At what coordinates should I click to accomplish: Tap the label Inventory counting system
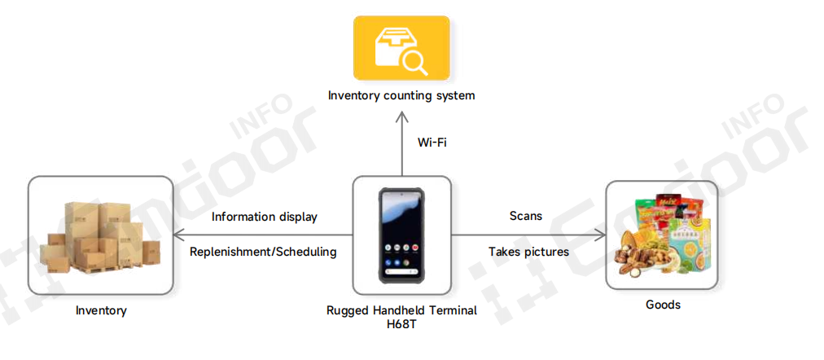coord(401,95)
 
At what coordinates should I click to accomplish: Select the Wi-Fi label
coord(432,143)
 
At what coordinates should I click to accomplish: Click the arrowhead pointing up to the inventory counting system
coord(401,116)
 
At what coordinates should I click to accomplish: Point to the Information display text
coord(264,217)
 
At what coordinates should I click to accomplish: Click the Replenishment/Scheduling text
coord(263,252)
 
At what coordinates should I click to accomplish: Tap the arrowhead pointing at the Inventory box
coord(182,235)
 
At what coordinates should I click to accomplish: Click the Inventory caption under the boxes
coord(101,310)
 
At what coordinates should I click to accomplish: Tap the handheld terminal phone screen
coord(401,234)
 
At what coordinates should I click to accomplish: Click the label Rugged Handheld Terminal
coord(401,310)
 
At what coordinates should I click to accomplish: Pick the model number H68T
coord(401,324)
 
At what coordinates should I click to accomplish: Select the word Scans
coord(525,216)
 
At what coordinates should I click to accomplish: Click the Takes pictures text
coord(528,252)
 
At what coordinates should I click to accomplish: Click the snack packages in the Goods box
coord(661,235)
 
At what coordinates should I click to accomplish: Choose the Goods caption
coord(662,305)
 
